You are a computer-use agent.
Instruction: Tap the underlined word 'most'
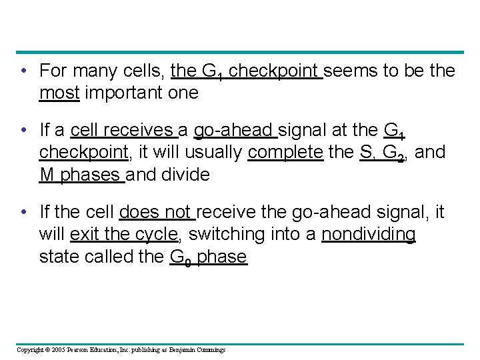coord(59,93)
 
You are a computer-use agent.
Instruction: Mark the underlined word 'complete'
coord(285,153)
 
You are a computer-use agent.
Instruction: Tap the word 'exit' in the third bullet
coord(84,235)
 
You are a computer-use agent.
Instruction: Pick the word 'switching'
coord(218,235)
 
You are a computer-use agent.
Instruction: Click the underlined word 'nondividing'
coord(369,235)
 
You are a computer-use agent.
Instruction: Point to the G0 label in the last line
coord(176,258)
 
